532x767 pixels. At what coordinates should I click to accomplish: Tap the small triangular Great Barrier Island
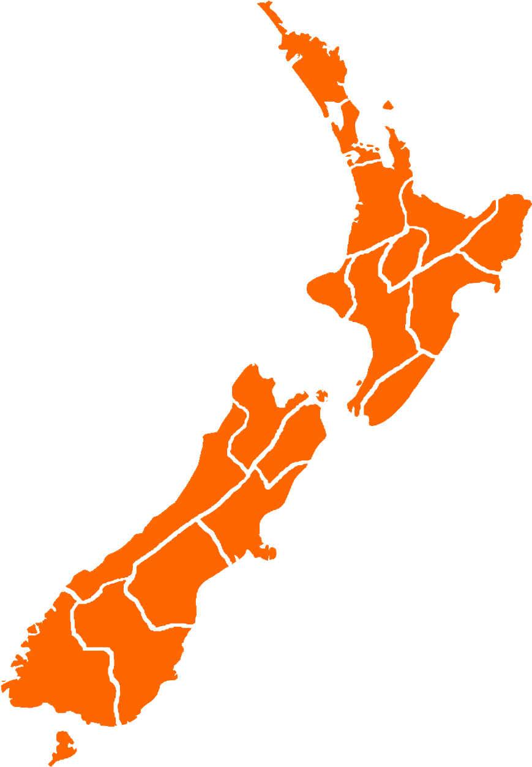pos(388,105)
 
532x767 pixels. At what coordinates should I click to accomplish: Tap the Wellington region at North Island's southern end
pos(392,392)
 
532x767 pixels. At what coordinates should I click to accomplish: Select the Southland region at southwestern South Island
pos(55,661)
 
